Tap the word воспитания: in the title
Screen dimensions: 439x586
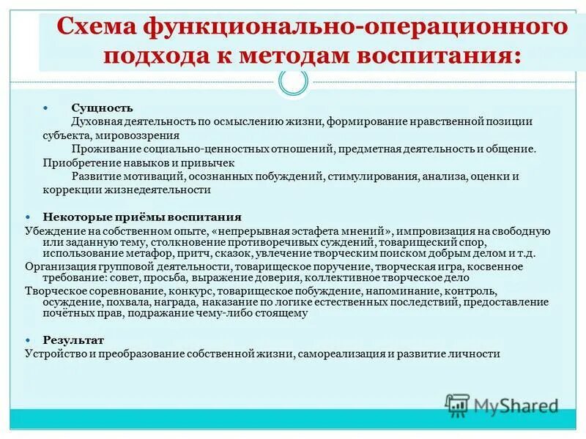439,56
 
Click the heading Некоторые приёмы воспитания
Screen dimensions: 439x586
142,217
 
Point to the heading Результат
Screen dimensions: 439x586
73,340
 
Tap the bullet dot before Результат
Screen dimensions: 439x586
29,341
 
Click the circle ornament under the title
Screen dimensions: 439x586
294,83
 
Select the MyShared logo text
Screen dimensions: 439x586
516,405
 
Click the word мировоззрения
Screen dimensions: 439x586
146,135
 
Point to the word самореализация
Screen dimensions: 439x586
340,353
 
